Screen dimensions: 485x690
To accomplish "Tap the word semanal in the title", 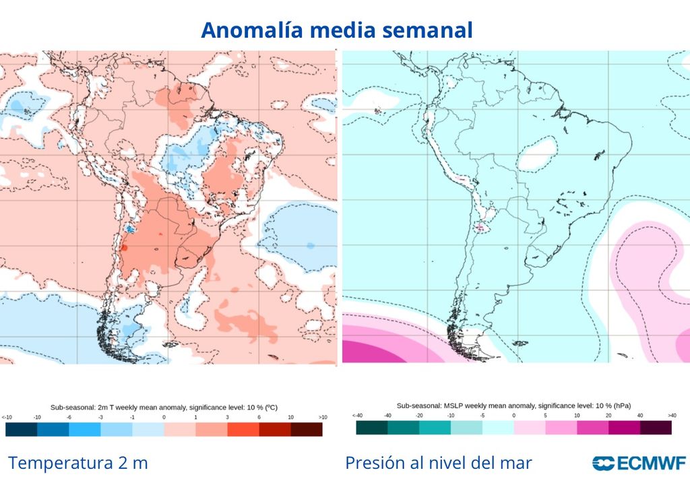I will click(432, 30).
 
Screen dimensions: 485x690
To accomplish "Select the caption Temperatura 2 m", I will click(77, 463).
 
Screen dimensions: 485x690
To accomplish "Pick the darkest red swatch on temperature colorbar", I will click(307, 429).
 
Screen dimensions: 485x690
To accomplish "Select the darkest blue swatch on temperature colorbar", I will click(21, 429).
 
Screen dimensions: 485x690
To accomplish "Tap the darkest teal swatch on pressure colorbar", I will click(371, 428).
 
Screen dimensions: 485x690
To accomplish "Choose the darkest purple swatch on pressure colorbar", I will click(656, 428).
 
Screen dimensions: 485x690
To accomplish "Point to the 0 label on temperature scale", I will click(164, 418).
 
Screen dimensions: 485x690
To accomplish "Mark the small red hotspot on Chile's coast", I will click(124, 248).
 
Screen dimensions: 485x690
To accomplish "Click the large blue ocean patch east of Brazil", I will click(296, 232).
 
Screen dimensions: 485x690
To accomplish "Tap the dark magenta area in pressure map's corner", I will click(364, 350).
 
